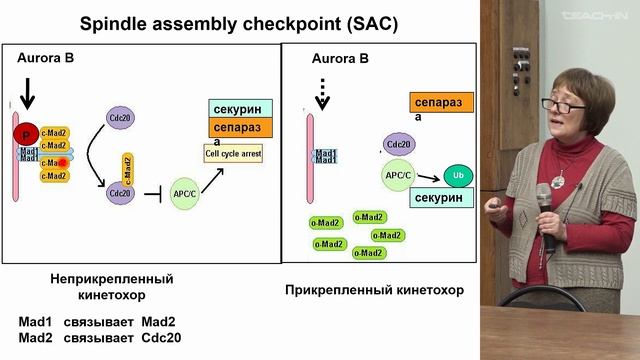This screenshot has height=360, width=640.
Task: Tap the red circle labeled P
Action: pyautogui.click(x=23, y=132)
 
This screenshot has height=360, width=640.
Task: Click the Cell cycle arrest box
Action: pyautogui.click(x=233, y=154)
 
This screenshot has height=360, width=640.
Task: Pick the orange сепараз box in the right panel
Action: pyautogui.click(x=441, y=102)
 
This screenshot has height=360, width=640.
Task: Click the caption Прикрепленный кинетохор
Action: pyautogui.click(x=374, y=290)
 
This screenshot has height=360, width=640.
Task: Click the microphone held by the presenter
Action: pyautogui.click(x=545, y=201)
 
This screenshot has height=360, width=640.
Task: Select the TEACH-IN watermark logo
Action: pyautogui.click(x=597, y=14)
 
